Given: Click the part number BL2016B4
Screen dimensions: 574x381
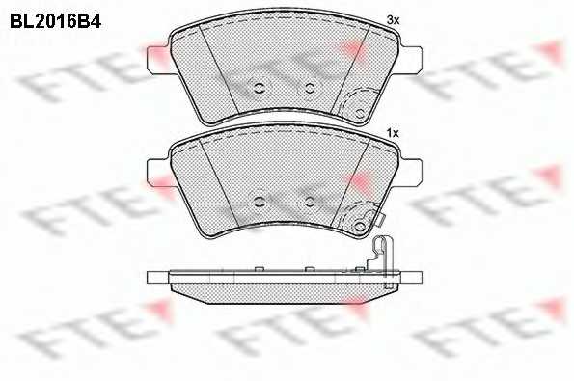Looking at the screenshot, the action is tap(55, 22).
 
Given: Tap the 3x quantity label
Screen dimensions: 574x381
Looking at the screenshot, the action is tap(393, 20).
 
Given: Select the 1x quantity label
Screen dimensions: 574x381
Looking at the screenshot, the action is tap(393, 133).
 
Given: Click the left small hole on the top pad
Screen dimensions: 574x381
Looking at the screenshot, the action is tap(260, 88).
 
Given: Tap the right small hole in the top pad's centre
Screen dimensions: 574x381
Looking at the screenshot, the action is tap(310, 88).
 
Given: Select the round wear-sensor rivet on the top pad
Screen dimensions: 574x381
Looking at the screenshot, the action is tap(360, 113).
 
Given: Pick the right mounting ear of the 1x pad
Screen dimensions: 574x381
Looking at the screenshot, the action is tap(412, 171).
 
